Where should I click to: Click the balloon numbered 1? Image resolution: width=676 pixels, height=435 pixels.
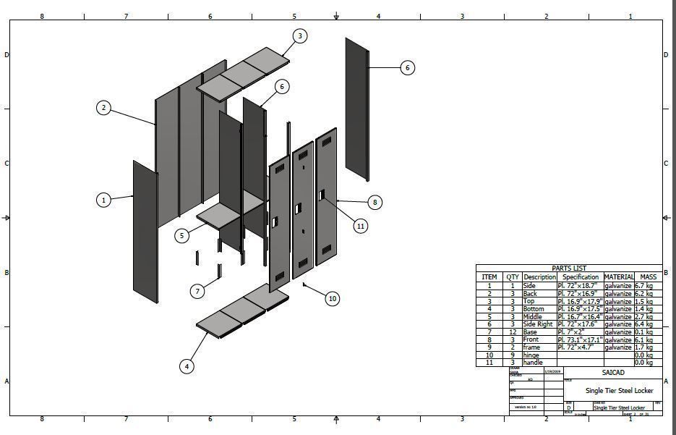pyautogui.click(x=104, y=200)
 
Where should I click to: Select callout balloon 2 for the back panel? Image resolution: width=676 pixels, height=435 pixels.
pyautogui.click(x=104, y=108)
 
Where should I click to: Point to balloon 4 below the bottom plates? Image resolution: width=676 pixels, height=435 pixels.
pyautogui.click(x=187, y=366)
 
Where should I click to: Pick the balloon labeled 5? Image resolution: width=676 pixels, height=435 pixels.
pyautogui.click(x=182, y=235)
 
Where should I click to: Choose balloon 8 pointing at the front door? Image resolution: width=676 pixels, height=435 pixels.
pyautogui.click(x=375, y=203)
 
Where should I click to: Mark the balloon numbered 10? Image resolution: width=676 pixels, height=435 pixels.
pyautogui.click(x=333, y=298)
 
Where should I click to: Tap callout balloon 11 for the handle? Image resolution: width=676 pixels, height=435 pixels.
pyautogui.click(x=361, y=226)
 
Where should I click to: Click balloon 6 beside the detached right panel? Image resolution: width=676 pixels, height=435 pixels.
pyautogui.click(x=407, y=67)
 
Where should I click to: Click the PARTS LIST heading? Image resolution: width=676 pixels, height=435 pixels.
pyautogui.click(x=569, y=269)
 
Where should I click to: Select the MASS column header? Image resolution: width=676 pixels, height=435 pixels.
pyautogui.click(x=648, y=276)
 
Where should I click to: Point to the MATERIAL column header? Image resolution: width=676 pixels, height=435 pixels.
pyautogui.click(x=618, y=276)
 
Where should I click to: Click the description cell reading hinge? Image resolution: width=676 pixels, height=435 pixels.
pyautogui.click(x=532, y=355)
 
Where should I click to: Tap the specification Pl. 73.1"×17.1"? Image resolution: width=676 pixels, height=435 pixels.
pyautogui.click(x=580, y=339)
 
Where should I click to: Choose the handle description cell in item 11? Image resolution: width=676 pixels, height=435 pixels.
pyautogui.click(x=533, y=363)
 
